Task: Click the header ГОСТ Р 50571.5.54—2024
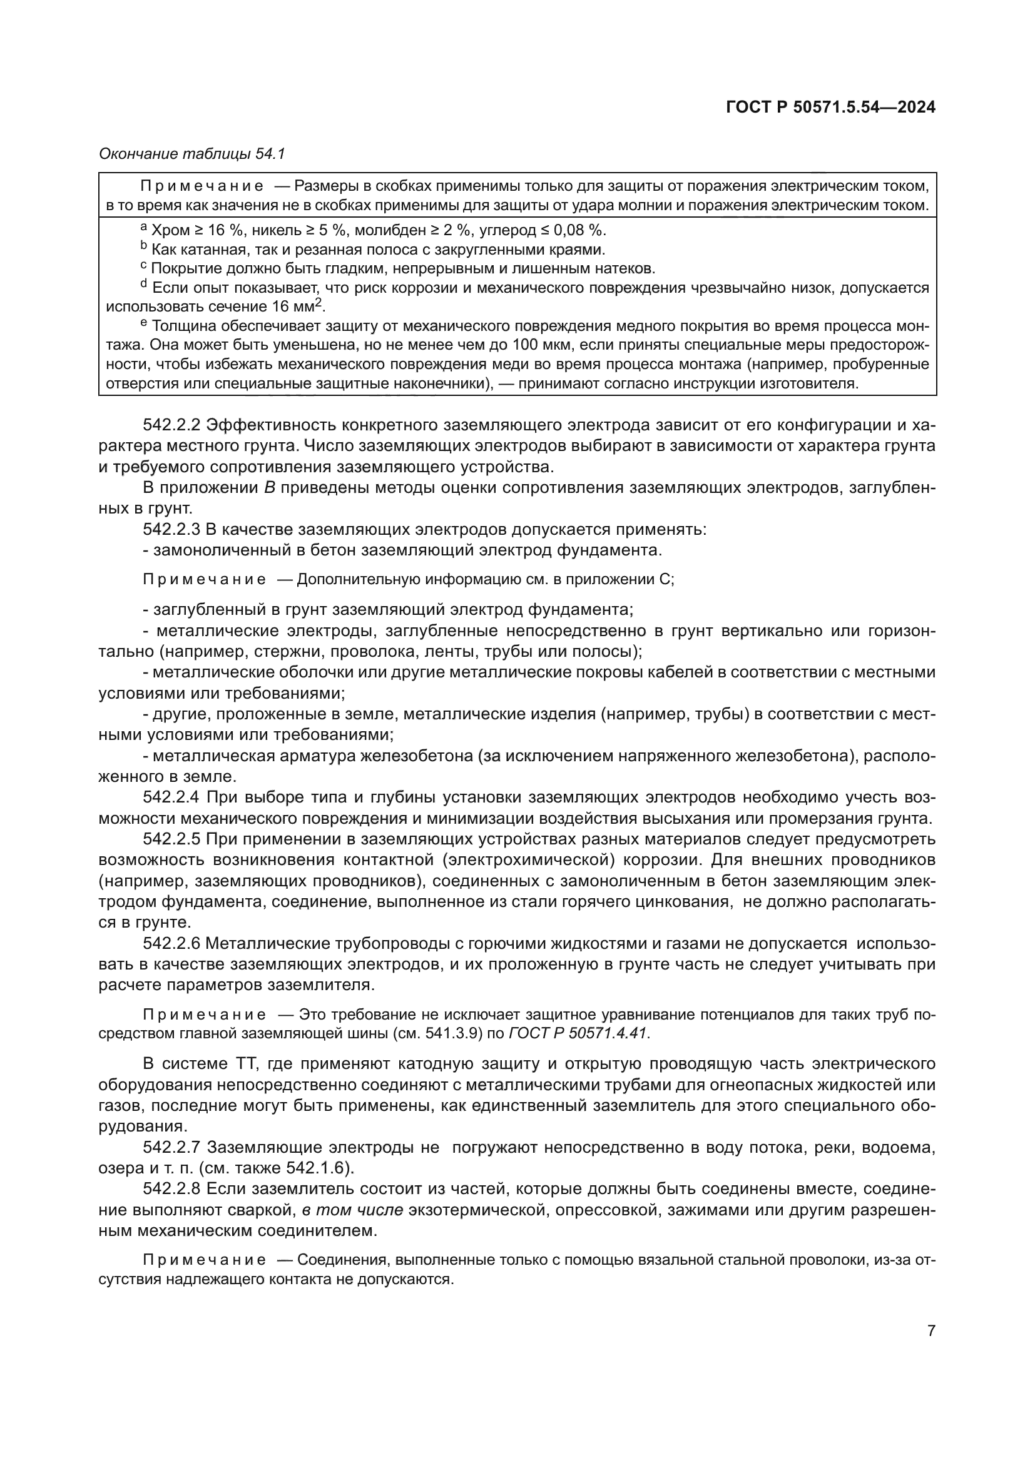click(830, 108)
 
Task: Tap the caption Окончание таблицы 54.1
click(192, 154)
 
